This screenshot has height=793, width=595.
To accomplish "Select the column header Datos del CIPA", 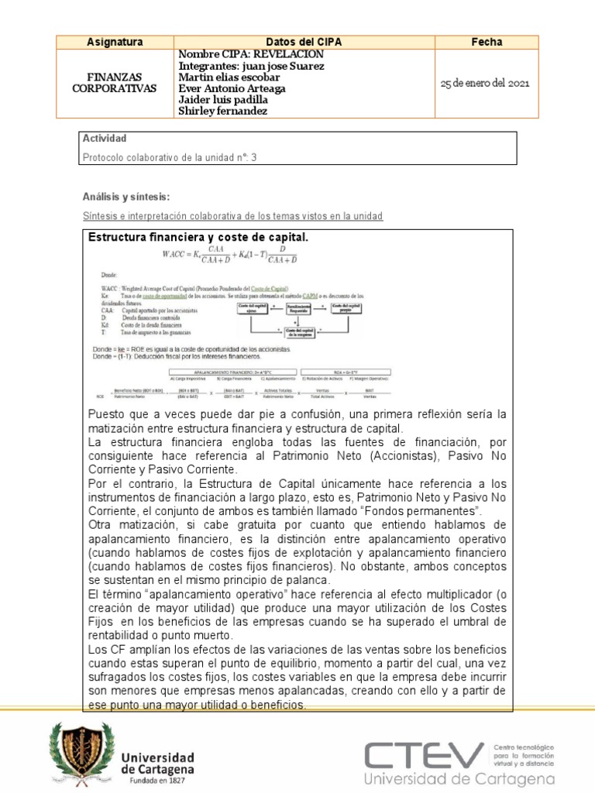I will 304,42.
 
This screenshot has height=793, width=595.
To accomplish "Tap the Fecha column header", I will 487,42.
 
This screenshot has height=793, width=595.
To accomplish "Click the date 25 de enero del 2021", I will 485,84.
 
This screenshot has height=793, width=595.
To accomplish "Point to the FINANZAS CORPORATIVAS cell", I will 114,83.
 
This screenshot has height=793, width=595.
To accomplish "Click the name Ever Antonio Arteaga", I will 232,88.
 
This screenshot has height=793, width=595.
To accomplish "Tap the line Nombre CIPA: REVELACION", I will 251,54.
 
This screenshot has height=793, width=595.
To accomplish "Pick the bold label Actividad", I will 104,139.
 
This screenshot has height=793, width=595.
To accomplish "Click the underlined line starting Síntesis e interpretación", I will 232,216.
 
